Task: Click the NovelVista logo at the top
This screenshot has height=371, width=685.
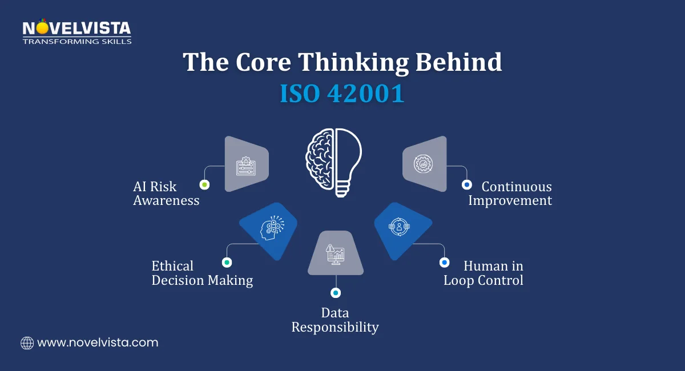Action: pos(76,32)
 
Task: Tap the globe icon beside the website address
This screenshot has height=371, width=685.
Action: pos(27,343)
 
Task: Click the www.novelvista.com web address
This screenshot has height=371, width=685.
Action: pos(98,343)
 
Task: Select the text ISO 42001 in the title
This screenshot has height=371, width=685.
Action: pos(342,94)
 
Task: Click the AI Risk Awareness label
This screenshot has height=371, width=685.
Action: pos(166,193)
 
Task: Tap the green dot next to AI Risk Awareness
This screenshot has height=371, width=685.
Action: pos(204,184)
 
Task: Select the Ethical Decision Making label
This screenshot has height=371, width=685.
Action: pos(202,273)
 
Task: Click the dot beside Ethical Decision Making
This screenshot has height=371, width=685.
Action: pos(227,263)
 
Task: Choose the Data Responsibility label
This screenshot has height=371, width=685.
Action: pos(335,320)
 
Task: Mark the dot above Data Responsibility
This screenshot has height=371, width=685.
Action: pos(336,293)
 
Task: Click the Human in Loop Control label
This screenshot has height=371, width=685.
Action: pos(483,273)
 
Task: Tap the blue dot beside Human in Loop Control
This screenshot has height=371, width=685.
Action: pos(444,263)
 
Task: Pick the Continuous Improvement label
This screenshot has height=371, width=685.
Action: pos(510,193)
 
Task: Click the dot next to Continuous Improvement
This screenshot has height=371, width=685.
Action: pos(466,184)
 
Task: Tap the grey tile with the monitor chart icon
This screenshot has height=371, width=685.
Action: pos(336,253)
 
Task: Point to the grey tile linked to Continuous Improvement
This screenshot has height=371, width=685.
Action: pos(425,164)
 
